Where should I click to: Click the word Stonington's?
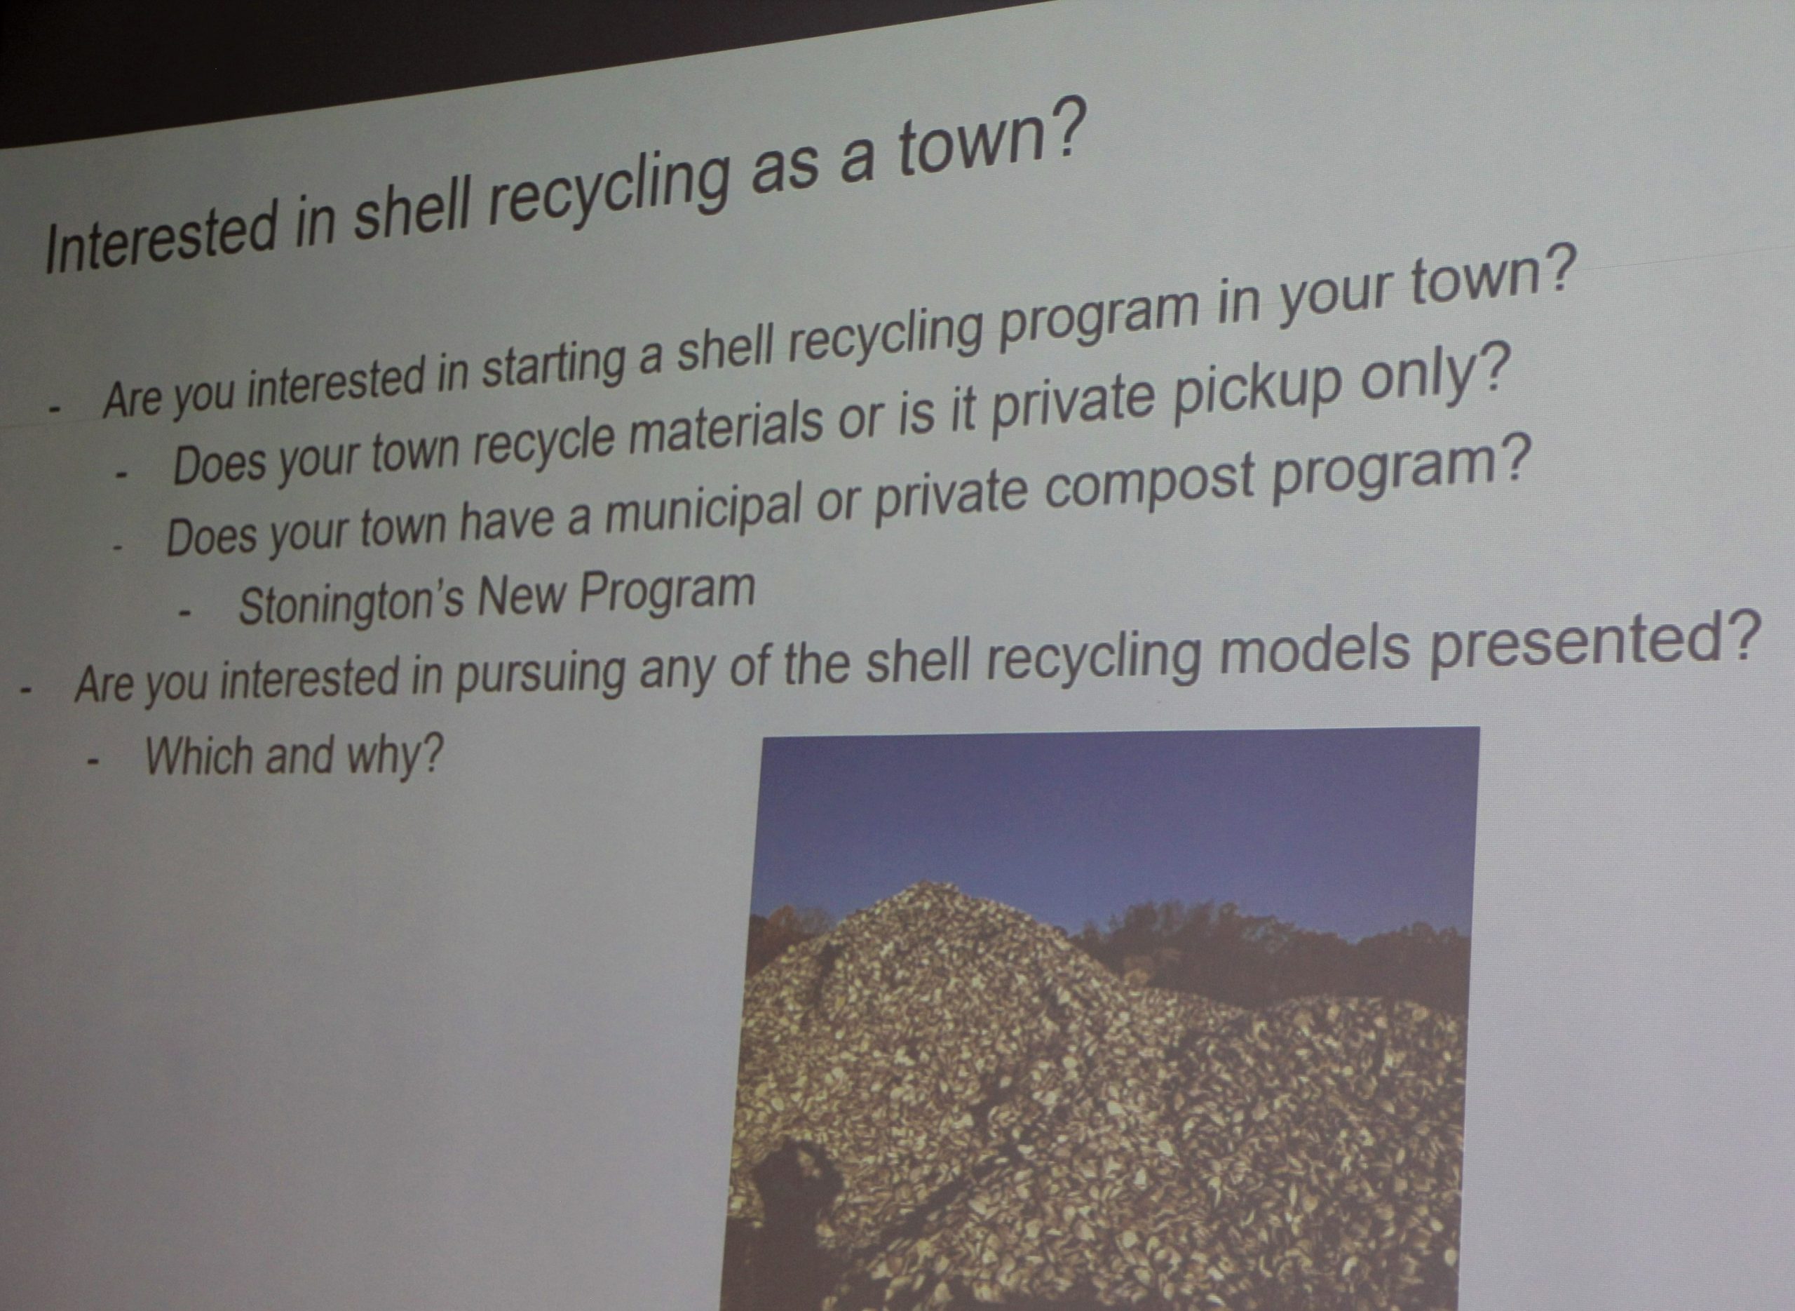point(351,603)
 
